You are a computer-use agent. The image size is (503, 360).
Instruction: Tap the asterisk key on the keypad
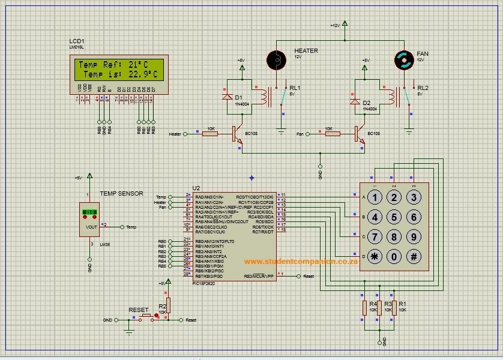pyautogui.click(x=375, y=256)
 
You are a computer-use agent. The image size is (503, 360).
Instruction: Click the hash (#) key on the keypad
pyautogui.click(x=414, y=256)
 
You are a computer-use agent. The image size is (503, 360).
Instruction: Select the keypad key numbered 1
pyautogui.click(x=375, y=197)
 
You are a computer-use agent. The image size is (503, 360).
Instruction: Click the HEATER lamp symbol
pyautogui.click(x=276, y=59)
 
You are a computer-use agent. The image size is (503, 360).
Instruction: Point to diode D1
pyautogui.click(x=227, y=97)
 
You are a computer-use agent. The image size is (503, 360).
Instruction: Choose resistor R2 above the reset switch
pyautogui.click(x=168, y=305)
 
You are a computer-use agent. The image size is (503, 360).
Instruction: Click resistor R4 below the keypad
pyautogui.click(x=364, y=307)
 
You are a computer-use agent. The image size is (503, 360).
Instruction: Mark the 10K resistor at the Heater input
pyautogui.click(x=210, y=134)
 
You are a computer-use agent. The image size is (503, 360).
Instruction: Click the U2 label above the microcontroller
pyautogui.click(x=196, y=188)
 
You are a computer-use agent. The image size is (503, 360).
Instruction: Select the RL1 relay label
pyautogui.click(x=295, y=88)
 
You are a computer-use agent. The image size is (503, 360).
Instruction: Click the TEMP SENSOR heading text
pyautogui.click(x=121, y=193)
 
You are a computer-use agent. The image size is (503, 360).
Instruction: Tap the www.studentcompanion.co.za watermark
pyautogui.click(x=301, y=261)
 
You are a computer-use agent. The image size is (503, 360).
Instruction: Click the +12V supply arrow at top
pyautogui.click(x=345, y=25)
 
